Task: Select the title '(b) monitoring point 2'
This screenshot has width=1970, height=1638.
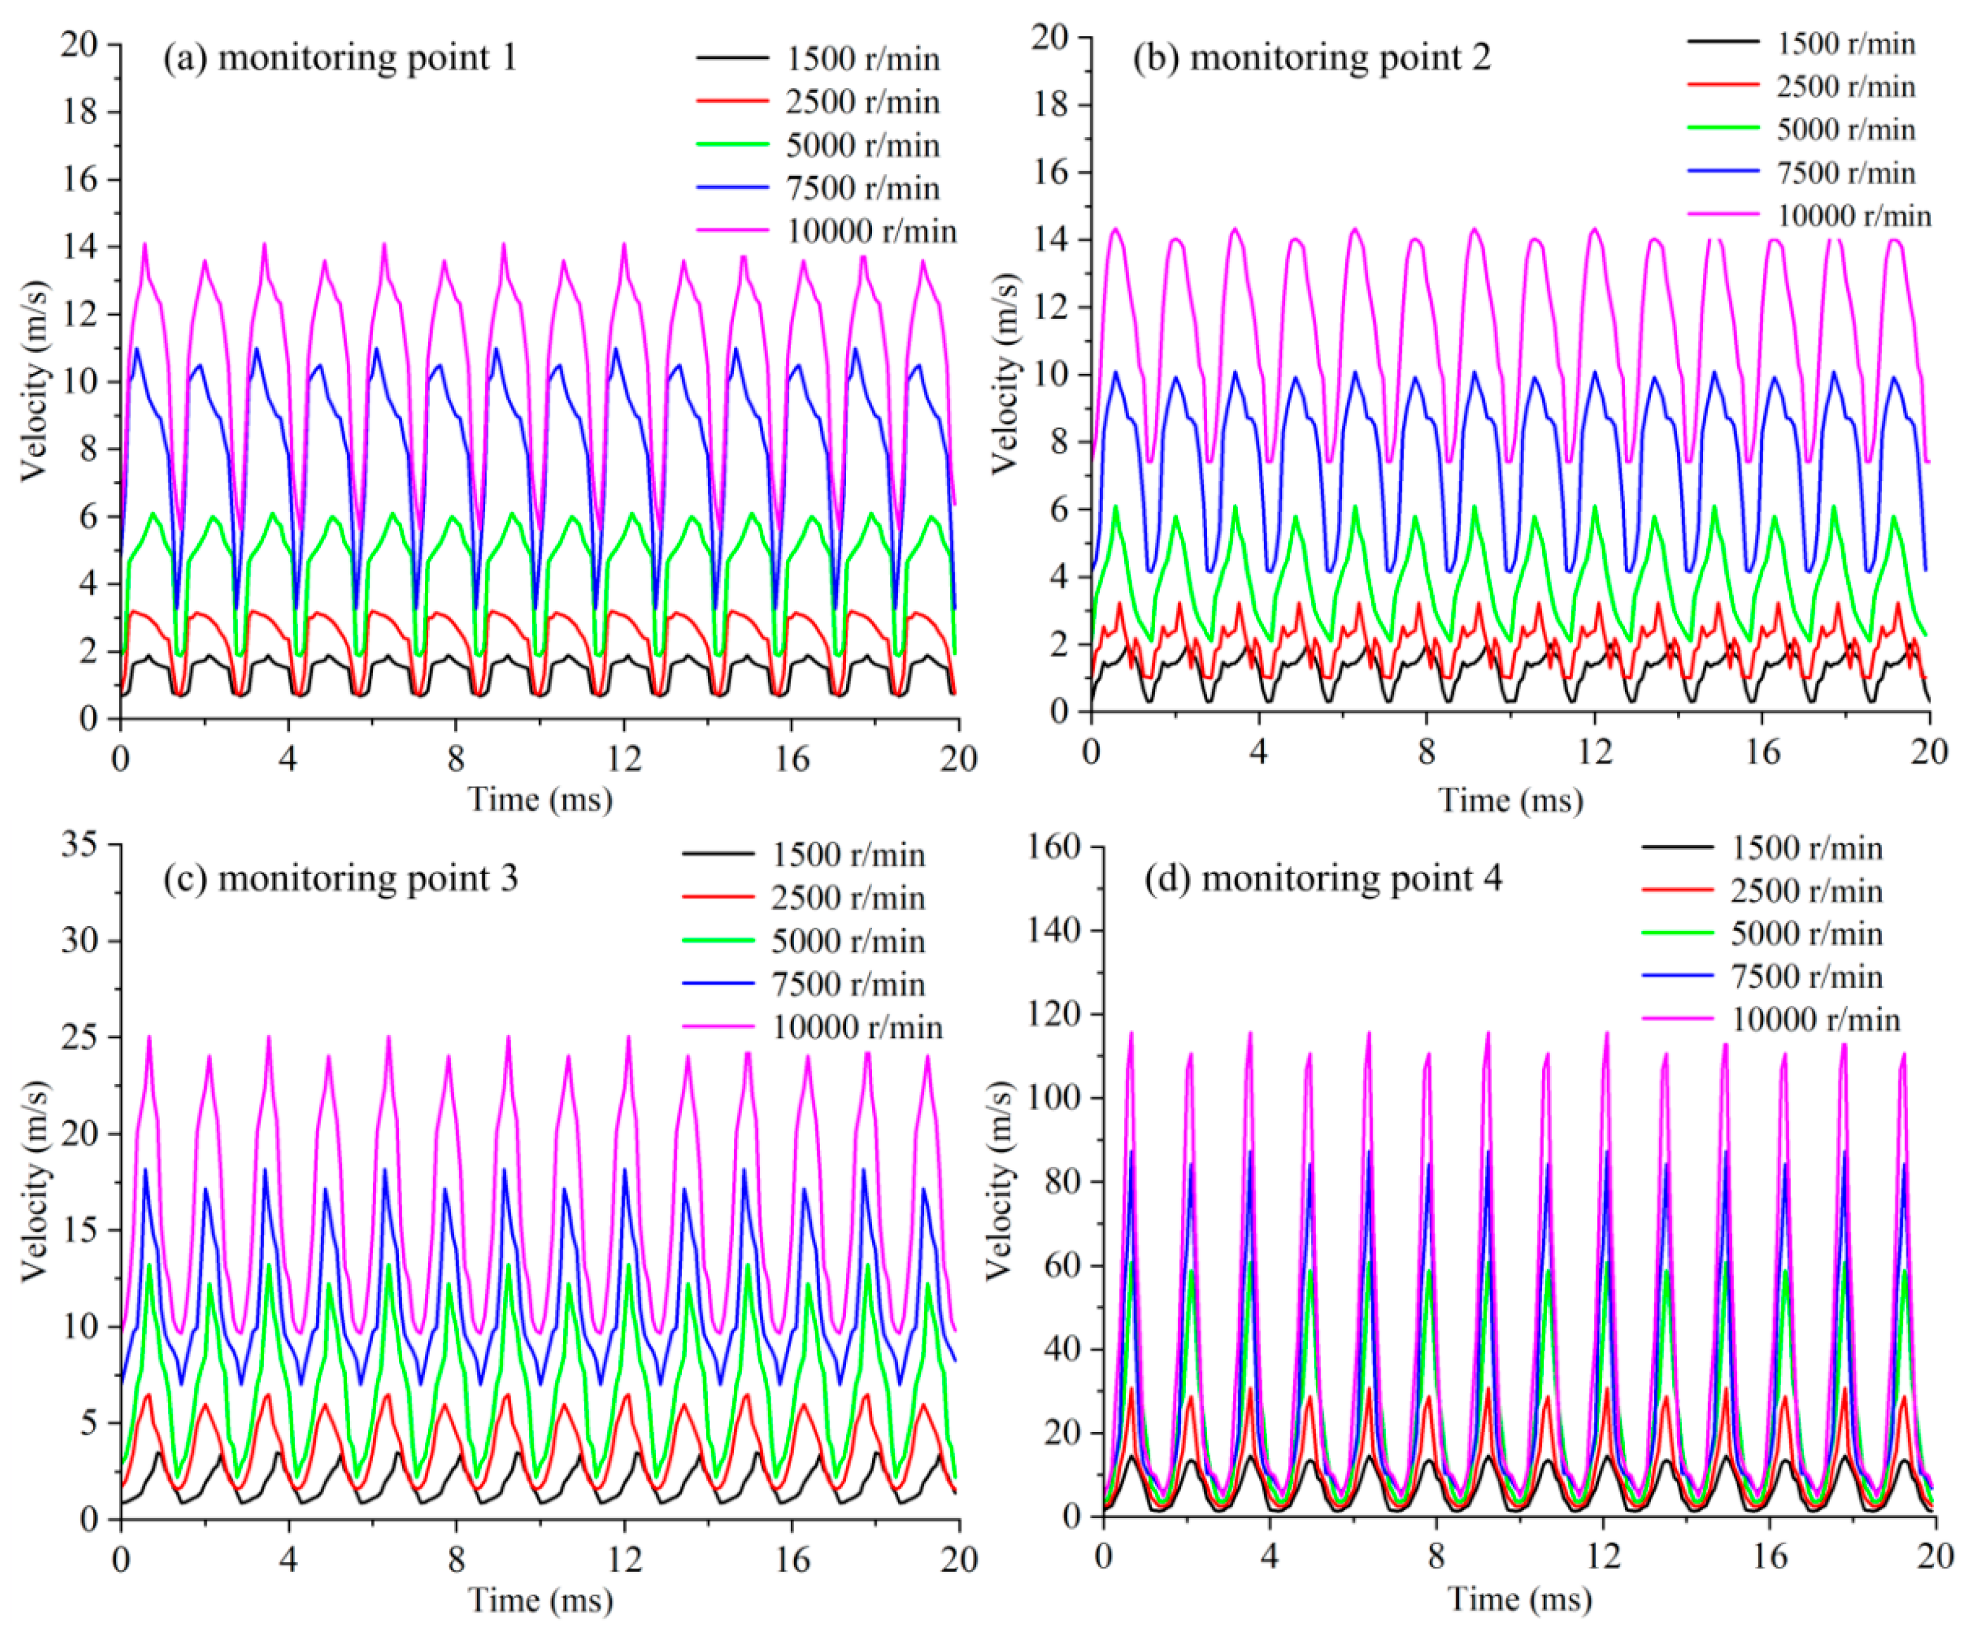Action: click(1312, 58)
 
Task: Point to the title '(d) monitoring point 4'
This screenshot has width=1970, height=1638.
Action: click(1322, 879)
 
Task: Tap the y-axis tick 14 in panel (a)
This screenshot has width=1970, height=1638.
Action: click(80, 247)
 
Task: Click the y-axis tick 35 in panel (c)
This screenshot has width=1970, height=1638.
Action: click(80, 845)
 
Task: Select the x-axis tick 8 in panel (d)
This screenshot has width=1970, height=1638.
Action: click(1436, 1556)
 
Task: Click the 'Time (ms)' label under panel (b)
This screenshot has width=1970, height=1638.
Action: click(1510, 800)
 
